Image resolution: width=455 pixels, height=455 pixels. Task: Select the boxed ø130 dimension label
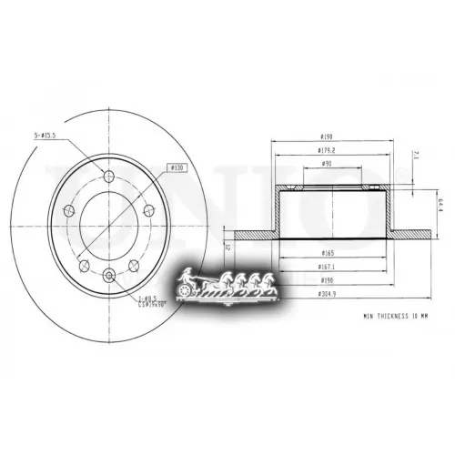[x=177, y=168]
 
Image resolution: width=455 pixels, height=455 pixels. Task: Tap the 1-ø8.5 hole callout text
[x=147, y=298]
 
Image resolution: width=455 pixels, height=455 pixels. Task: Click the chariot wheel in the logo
[x=190, y=289]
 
